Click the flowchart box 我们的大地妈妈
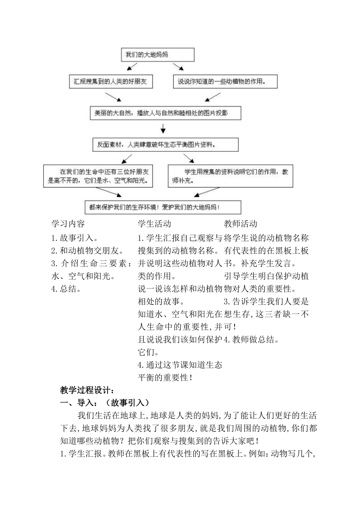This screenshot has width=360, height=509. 157,55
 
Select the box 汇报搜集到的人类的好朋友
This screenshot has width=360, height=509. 111,81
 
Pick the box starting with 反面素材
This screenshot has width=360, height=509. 166,144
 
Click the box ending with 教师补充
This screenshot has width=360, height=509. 230,176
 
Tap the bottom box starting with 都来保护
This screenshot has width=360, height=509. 163,207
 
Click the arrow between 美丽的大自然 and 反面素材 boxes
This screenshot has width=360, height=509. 163,129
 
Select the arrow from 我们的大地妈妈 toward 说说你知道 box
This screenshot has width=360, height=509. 178,67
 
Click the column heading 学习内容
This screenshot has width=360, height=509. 68,224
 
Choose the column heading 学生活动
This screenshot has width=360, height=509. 155,224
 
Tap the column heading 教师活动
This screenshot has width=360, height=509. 241,224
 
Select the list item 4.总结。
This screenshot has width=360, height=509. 66,289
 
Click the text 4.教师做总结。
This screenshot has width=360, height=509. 252,340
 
